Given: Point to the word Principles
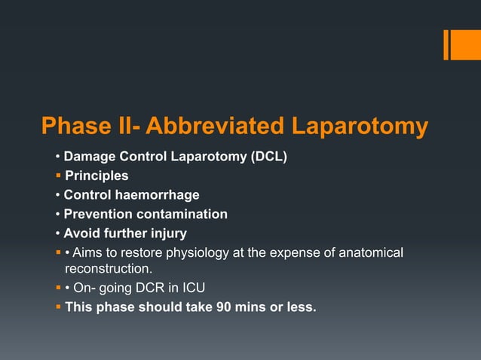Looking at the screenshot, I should [97, 175].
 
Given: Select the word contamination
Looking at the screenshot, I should [184, 214].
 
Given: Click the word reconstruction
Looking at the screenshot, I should [108, 268].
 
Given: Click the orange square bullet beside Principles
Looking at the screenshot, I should [58, 176].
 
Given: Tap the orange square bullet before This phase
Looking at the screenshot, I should [58, 307].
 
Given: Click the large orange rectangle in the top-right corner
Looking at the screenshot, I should [461, 44].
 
